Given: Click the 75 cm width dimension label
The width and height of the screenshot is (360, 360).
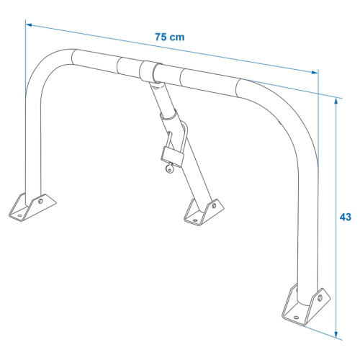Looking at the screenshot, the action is click(x=169, y=37).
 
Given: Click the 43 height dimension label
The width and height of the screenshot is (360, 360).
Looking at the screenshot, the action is click(x=346, y=217).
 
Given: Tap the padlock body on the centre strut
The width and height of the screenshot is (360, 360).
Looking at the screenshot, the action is click(x=173, y=157).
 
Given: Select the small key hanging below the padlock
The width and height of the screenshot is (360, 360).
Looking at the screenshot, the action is click(x=169, y=168).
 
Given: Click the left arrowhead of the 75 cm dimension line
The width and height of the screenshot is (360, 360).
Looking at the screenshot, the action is click(x=29, y=24).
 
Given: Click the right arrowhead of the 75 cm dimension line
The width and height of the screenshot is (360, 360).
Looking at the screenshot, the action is click(x=315, y=72).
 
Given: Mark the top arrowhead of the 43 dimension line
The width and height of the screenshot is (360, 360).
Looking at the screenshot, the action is click(x=336, y=102).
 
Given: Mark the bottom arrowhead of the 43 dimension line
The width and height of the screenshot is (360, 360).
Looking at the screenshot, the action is click(x=336, y=334).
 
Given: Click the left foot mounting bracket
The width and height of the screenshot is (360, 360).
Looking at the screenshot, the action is click(x=32, y=207).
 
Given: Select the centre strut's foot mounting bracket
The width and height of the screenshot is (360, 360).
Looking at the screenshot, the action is click(x=204, y=212).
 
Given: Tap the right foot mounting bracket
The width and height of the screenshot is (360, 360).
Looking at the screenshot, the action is click(x=306, y=305).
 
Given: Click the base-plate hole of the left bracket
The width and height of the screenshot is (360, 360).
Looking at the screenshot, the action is click(x=19, y=215).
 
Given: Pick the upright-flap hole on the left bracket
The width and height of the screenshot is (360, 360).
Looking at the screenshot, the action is click(x=40, y=201).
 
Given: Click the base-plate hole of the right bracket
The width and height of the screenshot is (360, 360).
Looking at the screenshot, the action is click(x=297, y=318).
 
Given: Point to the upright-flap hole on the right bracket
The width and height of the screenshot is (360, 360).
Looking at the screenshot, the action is click(x=320, y=298).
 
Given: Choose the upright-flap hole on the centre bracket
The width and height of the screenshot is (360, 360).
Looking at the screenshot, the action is click(x=214, y=205).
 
